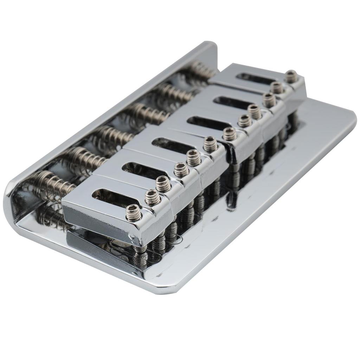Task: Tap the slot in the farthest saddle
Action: point(251,78)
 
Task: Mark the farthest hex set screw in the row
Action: point(291,76)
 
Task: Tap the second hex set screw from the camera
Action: point(153,197)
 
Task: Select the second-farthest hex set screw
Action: point(277,88)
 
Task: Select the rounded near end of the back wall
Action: point(11,204)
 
